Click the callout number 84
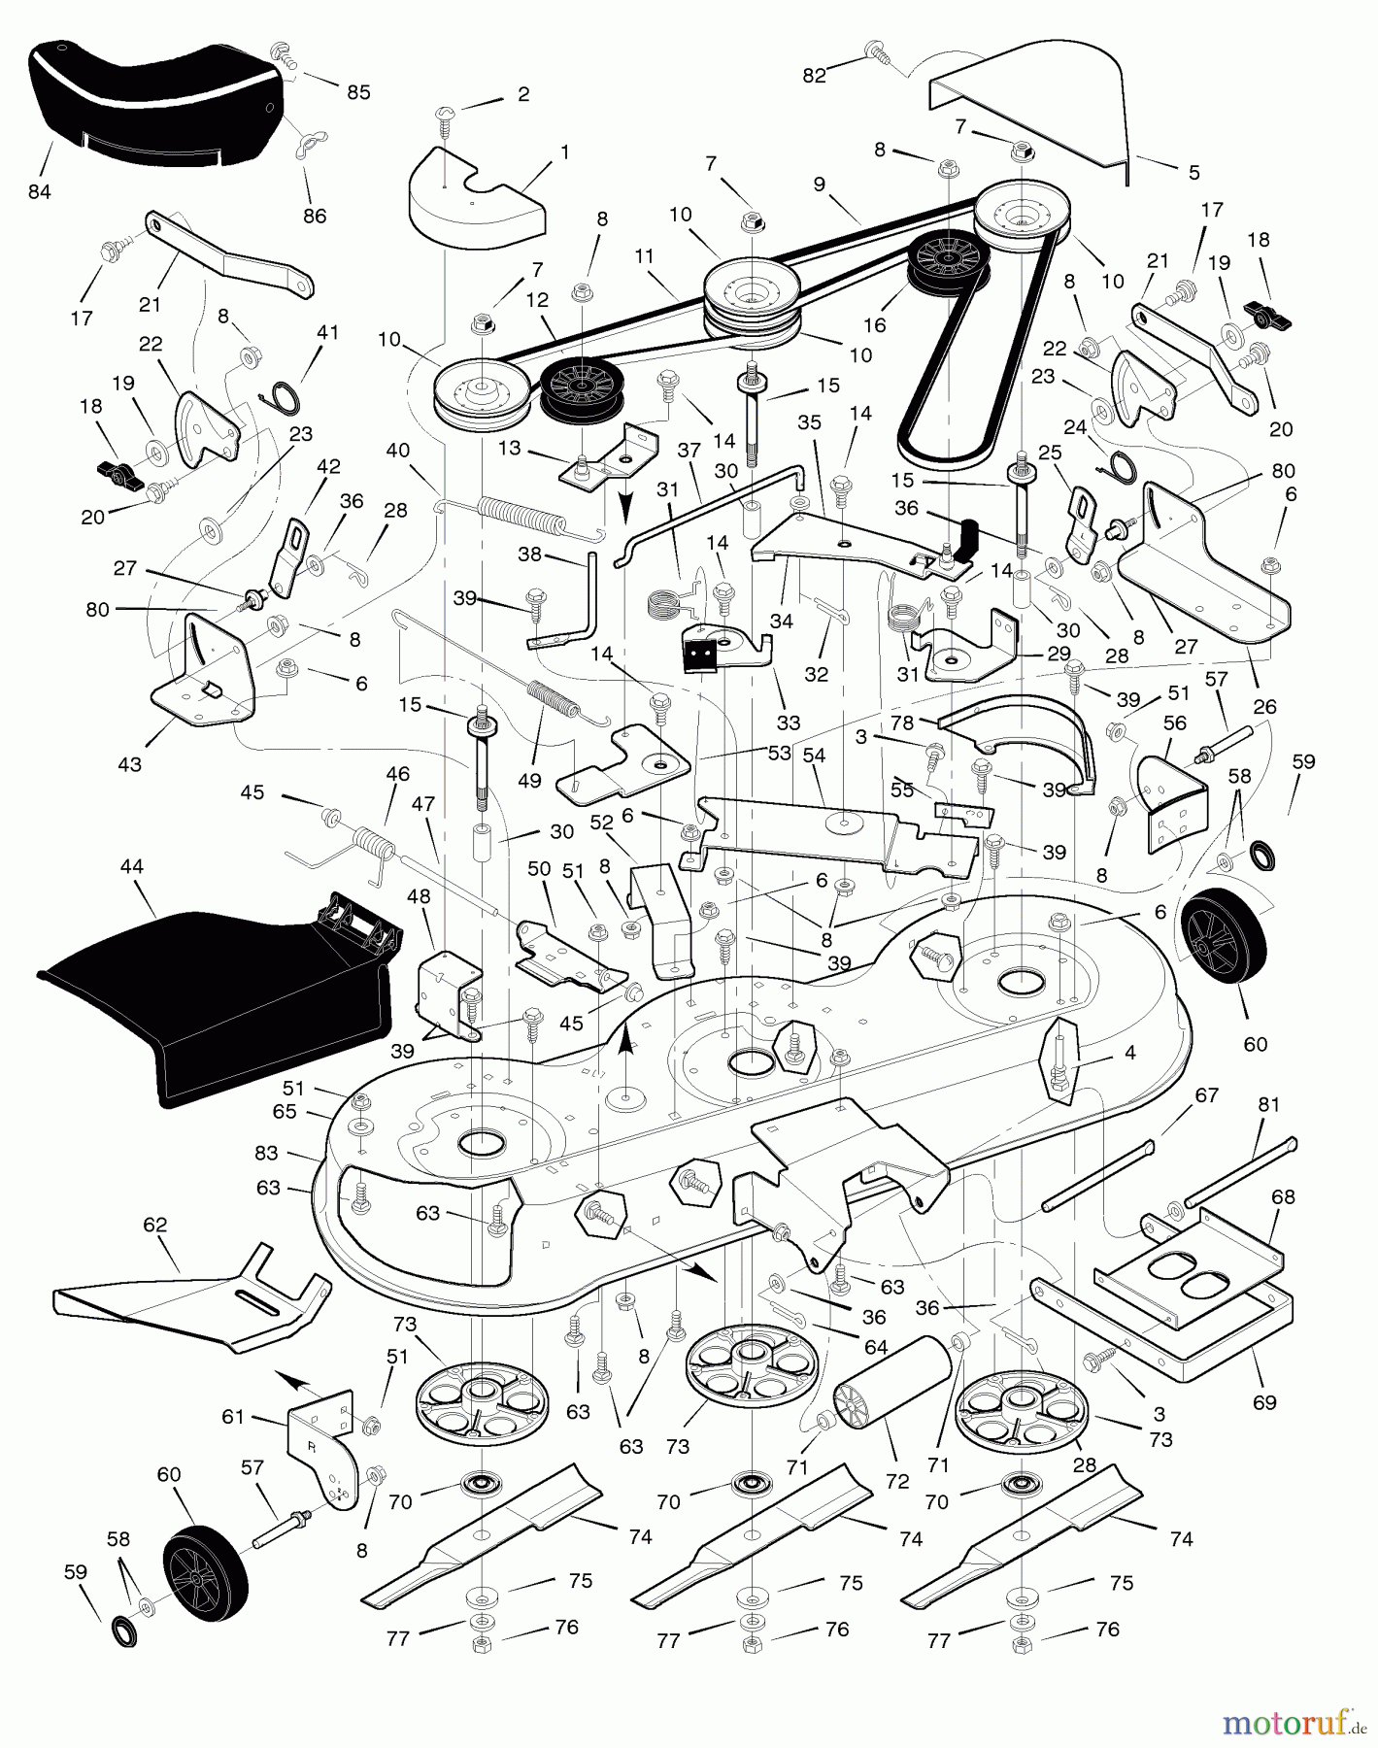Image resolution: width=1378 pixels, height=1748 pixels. click(40, 192)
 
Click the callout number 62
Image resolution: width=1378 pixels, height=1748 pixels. click(155, 1225)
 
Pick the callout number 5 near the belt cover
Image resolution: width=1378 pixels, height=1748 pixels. click(1193, 173)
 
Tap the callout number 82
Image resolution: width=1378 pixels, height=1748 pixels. click(814, 76)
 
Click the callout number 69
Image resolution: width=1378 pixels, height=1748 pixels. click(1264, 1402)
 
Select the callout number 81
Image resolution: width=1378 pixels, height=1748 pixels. click(1268, 1104)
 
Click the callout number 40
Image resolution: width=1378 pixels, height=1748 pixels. click(398, 450)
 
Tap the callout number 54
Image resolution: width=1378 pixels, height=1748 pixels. click(814, 756)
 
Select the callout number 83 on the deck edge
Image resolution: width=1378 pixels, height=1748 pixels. click(266, 1153)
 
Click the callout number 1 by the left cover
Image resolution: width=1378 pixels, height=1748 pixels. click(564, 152)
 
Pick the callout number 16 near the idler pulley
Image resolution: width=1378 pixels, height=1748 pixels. click(874, 325)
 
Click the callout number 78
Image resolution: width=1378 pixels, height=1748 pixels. click(902, 723)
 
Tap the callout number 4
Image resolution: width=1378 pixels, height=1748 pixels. click(1129, 1052)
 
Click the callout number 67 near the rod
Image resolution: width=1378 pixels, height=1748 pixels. click(1206, 1095)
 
